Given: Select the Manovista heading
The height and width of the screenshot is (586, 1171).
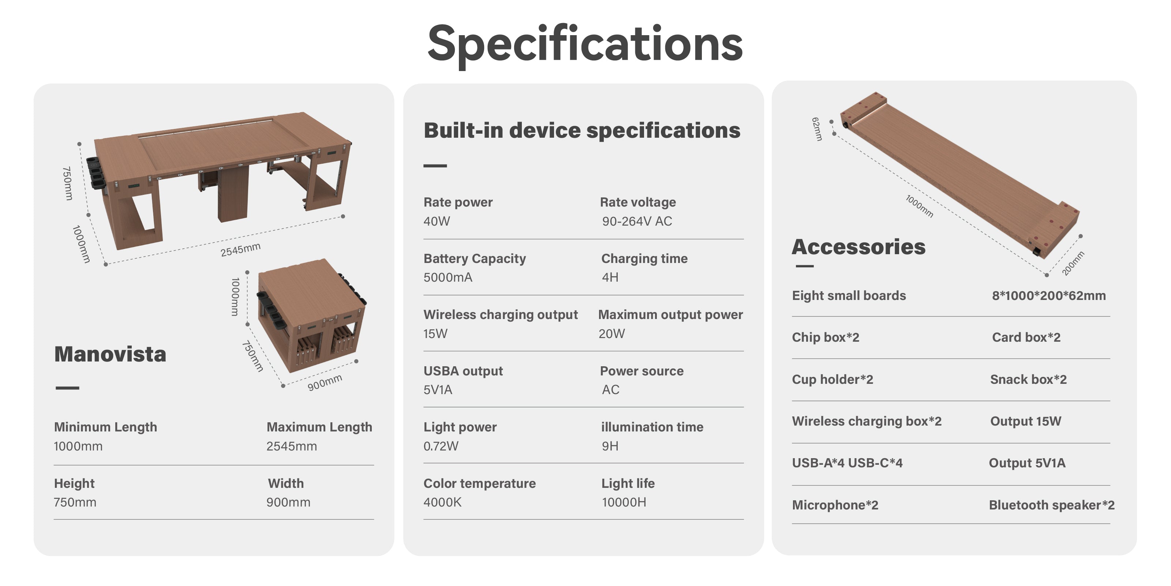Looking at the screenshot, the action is point(110,354).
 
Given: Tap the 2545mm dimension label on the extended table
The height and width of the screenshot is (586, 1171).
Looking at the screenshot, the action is point(240,249).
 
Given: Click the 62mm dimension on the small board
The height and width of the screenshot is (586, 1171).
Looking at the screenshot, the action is point(817,129).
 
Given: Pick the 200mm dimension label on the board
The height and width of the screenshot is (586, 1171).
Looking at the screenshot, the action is point(1073,263).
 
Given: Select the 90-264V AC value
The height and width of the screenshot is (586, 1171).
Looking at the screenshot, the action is point(637,221).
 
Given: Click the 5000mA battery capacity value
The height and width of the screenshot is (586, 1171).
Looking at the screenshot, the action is point(448,277).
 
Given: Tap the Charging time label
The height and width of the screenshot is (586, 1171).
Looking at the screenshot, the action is point(644,259).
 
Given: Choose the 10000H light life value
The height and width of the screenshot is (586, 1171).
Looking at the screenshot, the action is point(624,502).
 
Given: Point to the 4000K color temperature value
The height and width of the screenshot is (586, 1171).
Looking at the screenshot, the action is point(442,502).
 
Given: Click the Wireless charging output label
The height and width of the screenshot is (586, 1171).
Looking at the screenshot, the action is point(501,315).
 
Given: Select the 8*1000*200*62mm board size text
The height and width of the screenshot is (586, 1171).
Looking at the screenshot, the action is point(1049,296).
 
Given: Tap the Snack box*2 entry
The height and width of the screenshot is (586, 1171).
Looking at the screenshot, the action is point(1028,379).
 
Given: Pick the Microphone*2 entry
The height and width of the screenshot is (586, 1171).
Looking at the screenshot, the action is point(835,505).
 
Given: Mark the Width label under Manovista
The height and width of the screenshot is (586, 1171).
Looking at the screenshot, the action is point(285,483).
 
